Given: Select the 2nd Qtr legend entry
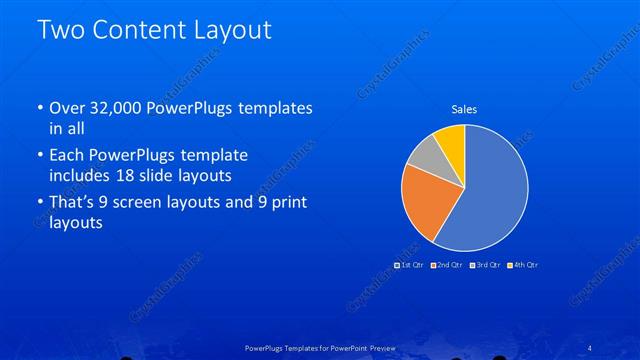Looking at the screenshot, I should tap(447, 265).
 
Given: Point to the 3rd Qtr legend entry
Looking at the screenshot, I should tap(485, 265).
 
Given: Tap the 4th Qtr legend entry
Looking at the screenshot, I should tap(524, 265).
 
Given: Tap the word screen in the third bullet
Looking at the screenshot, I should tap(160, 203).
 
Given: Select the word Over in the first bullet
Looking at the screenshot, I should tap(67, 108).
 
